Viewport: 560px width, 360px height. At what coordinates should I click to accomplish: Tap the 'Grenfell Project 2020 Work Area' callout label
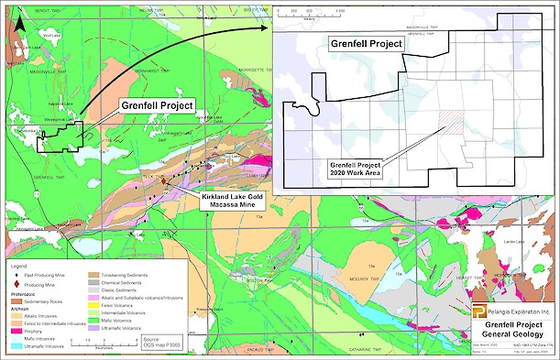coord(354,169)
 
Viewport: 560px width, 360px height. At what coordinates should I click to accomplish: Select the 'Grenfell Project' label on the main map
coord(157,106)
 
